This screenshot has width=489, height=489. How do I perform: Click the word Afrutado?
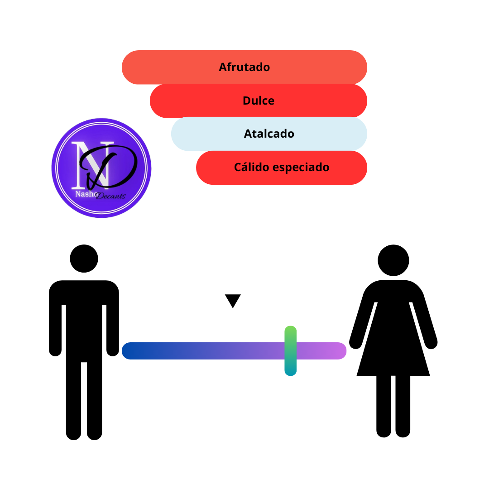244,67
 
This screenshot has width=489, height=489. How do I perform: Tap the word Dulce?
259,101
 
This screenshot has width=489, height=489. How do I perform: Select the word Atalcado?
269,134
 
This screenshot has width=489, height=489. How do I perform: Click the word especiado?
301,168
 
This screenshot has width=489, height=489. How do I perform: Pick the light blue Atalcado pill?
269,134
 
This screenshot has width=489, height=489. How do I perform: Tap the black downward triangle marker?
233,301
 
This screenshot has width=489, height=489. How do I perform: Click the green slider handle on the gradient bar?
290,351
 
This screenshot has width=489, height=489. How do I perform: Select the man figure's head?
84,259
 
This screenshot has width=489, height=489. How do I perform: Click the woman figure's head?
393,260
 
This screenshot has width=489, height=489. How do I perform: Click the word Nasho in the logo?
86,194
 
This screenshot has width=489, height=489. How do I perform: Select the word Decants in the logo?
111,196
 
